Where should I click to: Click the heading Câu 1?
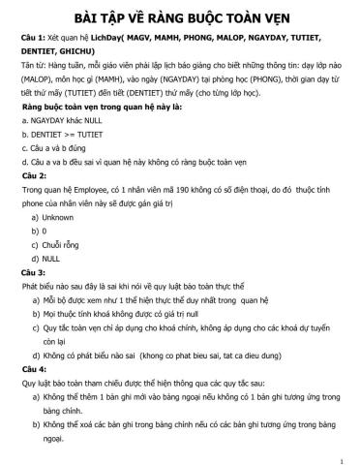click(x=35, y=47)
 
